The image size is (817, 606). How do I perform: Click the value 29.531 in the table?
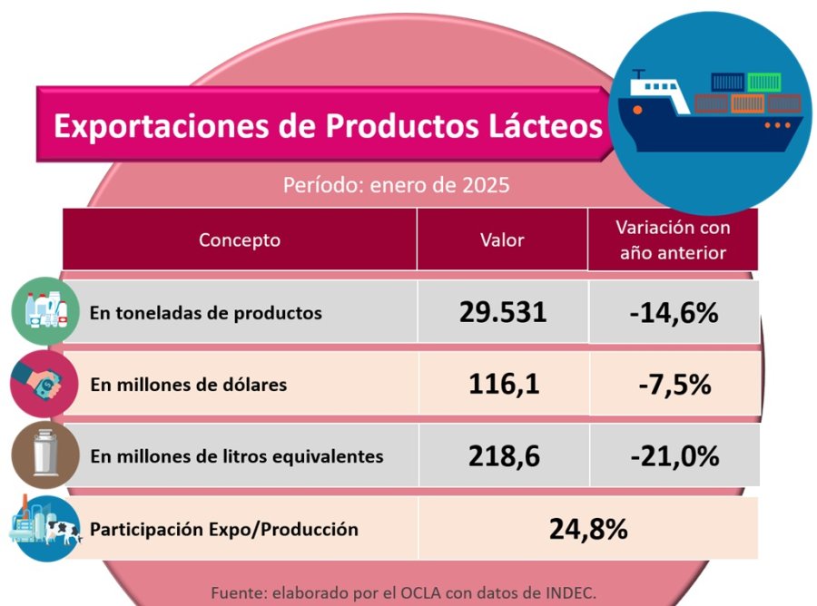(503, 313)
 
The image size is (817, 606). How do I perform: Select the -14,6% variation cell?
(674, 313)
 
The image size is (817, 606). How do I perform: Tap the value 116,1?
(504, 385)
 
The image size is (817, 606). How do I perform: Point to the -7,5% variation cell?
(674, 385)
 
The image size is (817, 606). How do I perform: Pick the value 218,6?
(504, 456)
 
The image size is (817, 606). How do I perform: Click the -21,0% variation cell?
(674, 456)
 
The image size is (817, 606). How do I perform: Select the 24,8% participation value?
(588, 528)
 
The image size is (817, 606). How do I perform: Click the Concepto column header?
(240, 240)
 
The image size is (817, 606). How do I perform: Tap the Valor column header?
(502, 240)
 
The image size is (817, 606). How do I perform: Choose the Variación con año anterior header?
(673, 240)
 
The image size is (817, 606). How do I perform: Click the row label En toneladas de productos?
(206, 313)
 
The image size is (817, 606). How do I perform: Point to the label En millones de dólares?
(189, 385)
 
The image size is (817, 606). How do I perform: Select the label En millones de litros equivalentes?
(237, 456)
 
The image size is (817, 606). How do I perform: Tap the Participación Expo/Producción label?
(224, 529)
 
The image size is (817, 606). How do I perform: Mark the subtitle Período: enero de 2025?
(396, 185)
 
